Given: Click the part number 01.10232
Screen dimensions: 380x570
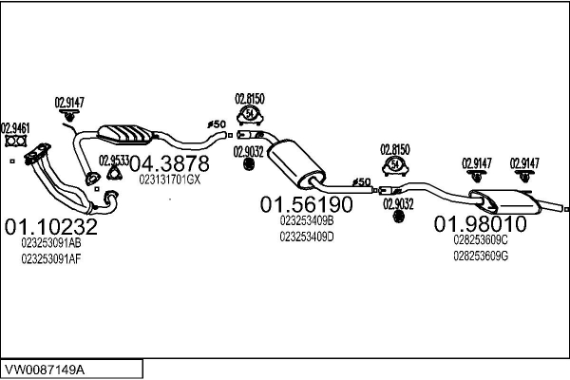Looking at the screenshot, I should pyautogui.click(x=51, y=227).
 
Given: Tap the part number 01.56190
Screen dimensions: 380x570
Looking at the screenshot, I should pyautogui.click(x=307, y=204).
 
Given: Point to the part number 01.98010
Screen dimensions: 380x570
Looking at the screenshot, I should pyautogui.click(x=480, y=224).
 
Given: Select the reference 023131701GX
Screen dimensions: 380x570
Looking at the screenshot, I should pyautogui.click(x=170, y=180).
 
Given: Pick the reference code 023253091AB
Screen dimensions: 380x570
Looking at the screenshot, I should pyautogui.click(x=51, y=243).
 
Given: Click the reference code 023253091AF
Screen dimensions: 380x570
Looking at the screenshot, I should pyautogui.click(x=51, y=258).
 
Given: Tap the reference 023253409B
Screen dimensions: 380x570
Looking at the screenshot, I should pyautogui.click(x=307, y=220).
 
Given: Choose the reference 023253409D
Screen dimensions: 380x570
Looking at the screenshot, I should pyautogui.click(x=307, y=237).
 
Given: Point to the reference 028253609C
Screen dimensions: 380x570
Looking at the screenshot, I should pyautogui.click(x=480, y=240).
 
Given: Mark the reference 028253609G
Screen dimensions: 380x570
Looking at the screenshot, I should pyautogui.click(x=480, y=256).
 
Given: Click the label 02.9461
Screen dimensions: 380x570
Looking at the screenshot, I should pyautogui.click(x=15, y=128).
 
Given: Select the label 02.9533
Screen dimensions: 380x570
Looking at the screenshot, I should pyautogui.click(x=114, y=160).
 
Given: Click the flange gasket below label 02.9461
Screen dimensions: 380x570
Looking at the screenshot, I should pyautogui.click(x=15, y=143).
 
